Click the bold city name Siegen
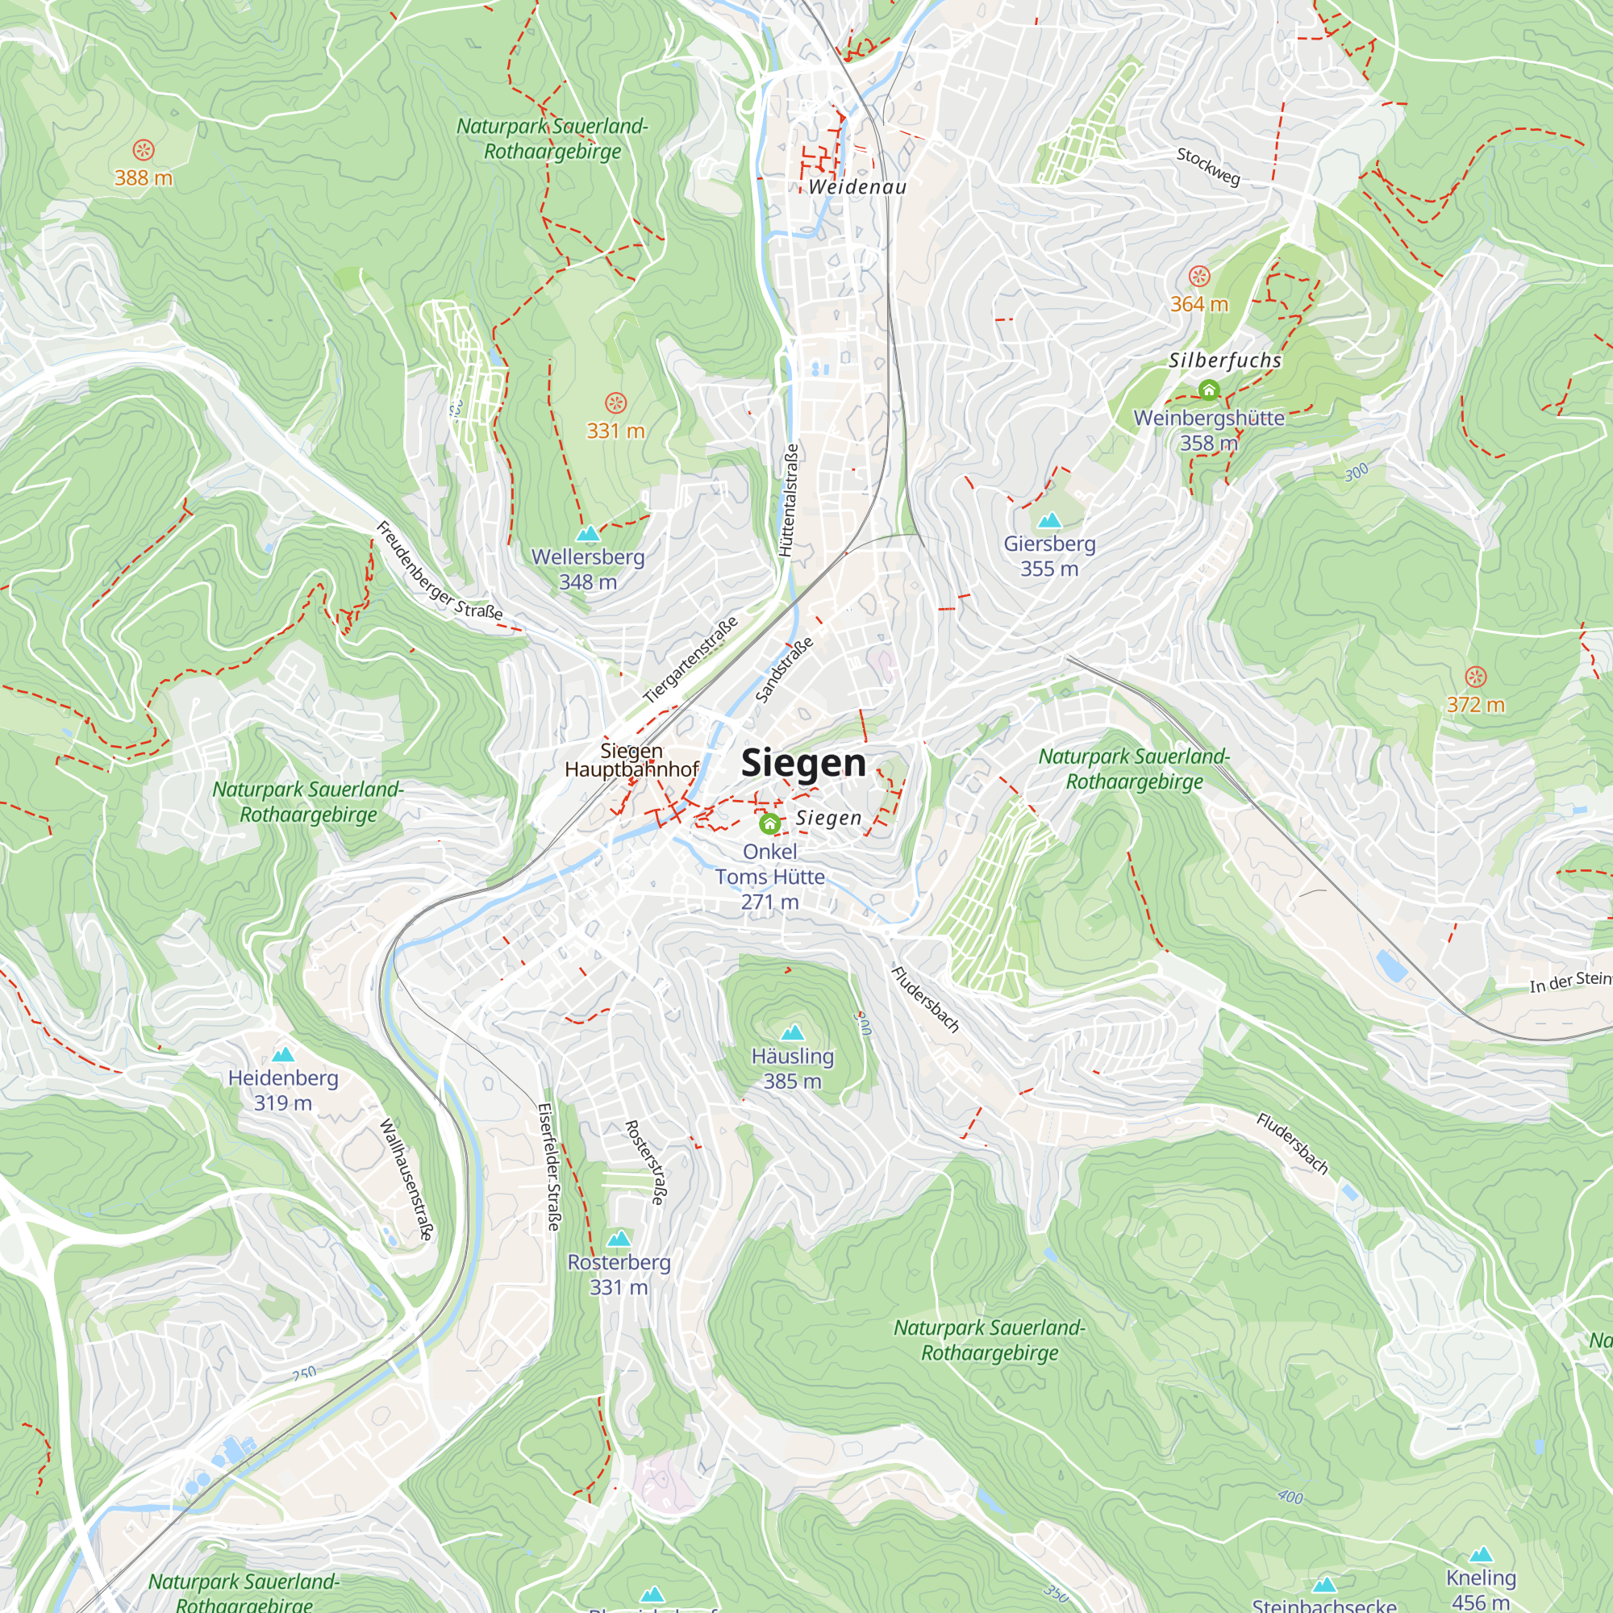(803, 763)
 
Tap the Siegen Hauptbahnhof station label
(631, 760)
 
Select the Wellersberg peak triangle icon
(589, 533)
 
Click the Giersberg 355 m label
(1049, 556)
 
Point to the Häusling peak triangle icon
(792, 1033)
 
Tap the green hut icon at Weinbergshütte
(1208, 390)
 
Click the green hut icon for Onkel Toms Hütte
(769, 824)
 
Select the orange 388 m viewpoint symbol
(144, 150)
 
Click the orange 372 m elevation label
(1475, 705)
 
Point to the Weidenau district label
(857, 187)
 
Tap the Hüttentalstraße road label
(788, 501)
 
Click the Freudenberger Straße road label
(440, 571)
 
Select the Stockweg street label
(1208, 166)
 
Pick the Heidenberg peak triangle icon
(283, 1054)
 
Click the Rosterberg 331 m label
(619, 1274)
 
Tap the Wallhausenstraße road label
(406, 1179)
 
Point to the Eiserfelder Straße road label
(548, 1166)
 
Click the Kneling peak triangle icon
(1481, 1554)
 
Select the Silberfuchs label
(1225, 361)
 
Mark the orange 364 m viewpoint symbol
(1199, 277)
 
